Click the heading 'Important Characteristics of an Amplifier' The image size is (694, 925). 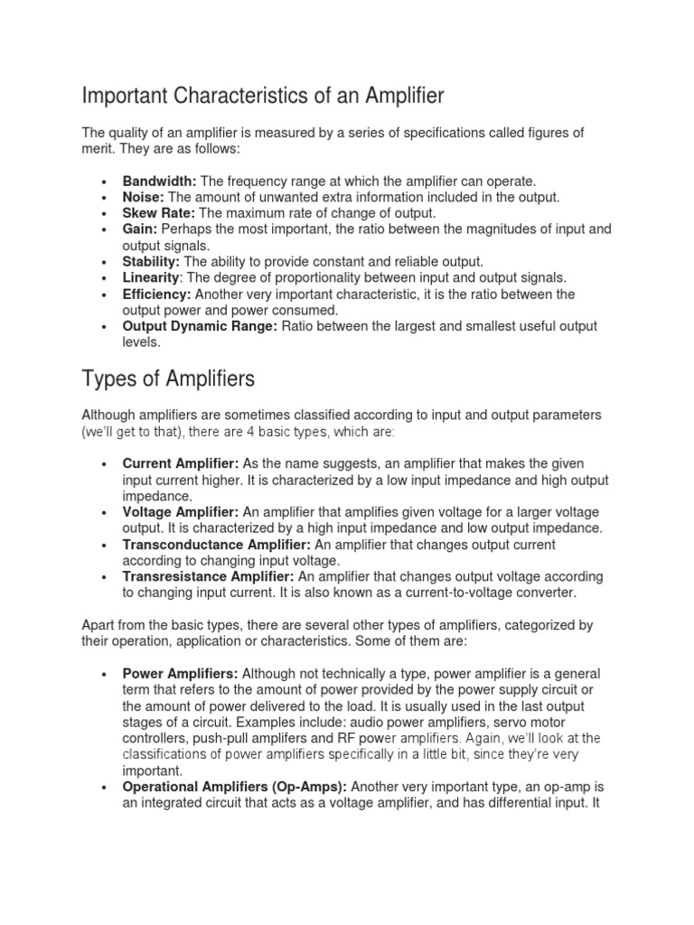tap(263, 95)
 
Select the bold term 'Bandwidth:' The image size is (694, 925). tap(159, 181)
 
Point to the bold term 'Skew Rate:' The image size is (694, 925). tap(159, 213)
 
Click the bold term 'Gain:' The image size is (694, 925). tap(140, 229)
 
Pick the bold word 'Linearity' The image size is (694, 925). tap(151, 278)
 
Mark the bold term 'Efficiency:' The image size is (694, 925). tap(157, 294)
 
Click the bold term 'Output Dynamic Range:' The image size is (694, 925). tap(200, 326)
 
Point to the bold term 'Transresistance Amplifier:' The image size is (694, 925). tap(209, 576)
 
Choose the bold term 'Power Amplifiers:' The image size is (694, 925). tap(181, 674)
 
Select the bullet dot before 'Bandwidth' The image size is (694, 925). tap(106, 182)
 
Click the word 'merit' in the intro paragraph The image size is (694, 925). tap(97, 148)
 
